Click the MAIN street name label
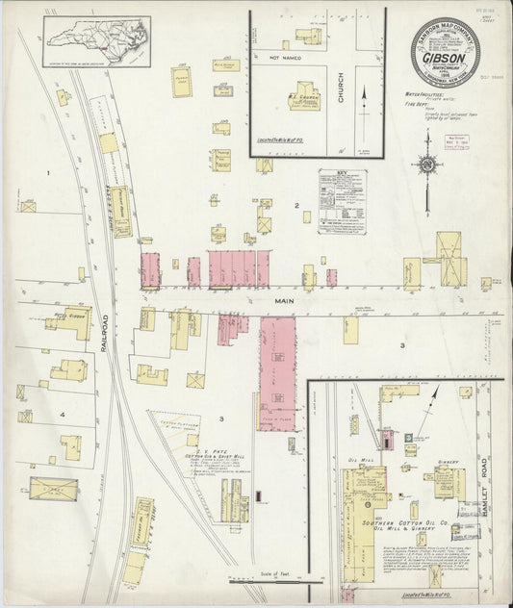point(283,301)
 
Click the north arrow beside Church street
point(365,96)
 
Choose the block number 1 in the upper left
point(47,173)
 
